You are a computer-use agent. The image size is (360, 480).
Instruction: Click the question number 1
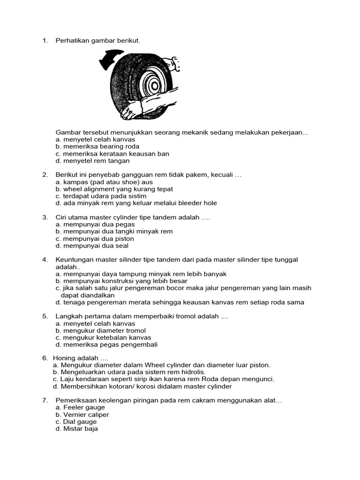(45, 41)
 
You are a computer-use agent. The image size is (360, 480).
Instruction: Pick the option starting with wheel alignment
(114, 189)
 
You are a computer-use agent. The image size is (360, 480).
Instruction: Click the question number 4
(45, 260)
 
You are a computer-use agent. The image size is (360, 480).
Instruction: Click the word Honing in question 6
(67, 358)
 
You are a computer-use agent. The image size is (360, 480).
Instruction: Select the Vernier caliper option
(82, 415)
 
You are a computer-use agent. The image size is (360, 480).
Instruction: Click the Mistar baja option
(76, 429)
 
